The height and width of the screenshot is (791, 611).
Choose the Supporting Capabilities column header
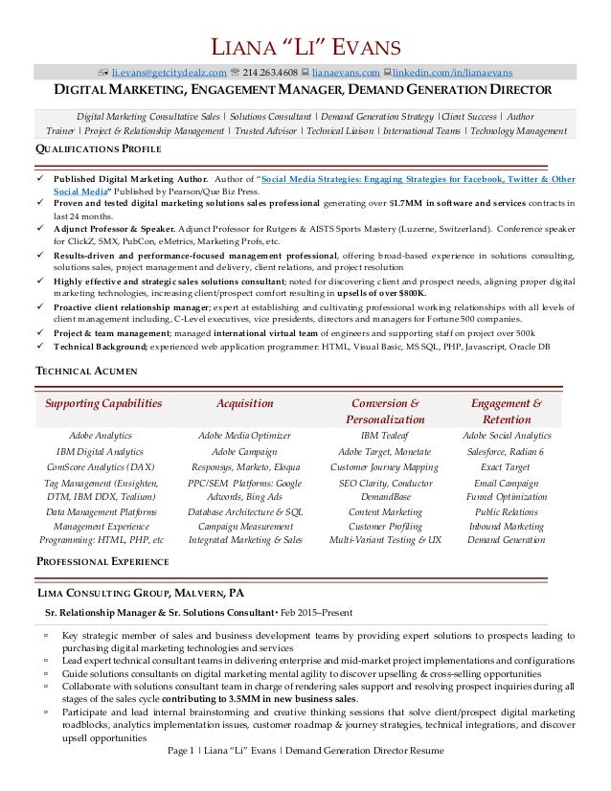pyautogui.click(x=103, y=403)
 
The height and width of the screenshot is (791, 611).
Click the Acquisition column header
pyautogui.click(x=244, y=403)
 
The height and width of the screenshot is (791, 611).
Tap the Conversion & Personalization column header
pyautogui.click(x=386, y=412)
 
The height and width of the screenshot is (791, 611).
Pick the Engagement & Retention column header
pyautogui.click(x=503, y=412)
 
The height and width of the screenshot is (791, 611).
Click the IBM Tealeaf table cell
pyautogui.click(x=386, y=436)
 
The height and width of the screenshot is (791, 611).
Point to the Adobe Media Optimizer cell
pyautogui.click(x=244, y=436)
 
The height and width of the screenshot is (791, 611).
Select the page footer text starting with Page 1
pyautogui.click(x=305, y=751)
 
